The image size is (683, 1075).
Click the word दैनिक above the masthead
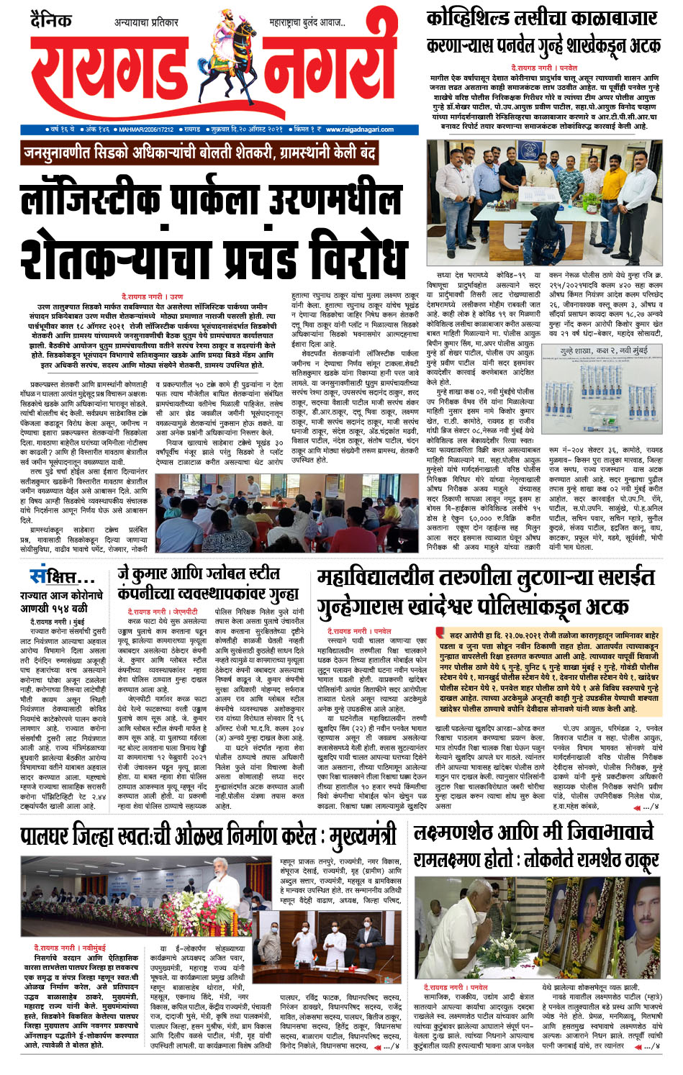50,19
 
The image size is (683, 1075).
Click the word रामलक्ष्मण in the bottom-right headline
455,861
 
